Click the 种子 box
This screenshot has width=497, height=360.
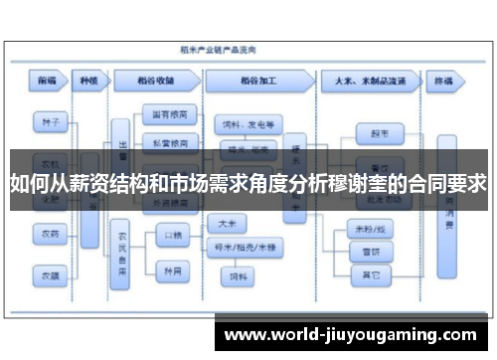coord(51,124)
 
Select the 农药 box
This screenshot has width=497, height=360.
coord(51,235)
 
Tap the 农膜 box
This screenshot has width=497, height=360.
coord(51,272)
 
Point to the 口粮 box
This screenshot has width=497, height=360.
coord(172,236)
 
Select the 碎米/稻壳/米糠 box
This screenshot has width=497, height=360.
coord(240,246)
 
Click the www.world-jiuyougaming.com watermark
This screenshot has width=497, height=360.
coord(352,330)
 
